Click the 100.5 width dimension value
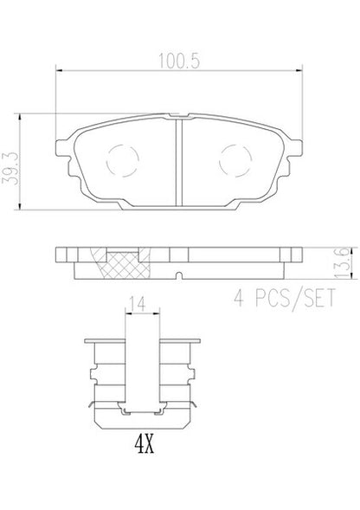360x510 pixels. point(179,61)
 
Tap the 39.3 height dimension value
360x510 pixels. point(10,169)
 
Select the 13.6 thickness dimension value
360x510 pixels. point(342,263)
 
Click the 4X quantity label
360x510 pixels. point(144,444)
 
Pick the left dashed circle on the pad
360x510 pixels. point(122,161)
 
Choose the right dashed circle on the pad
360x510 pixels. point(235,161)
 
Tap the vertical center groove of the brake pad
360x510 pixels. point(179,162)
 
